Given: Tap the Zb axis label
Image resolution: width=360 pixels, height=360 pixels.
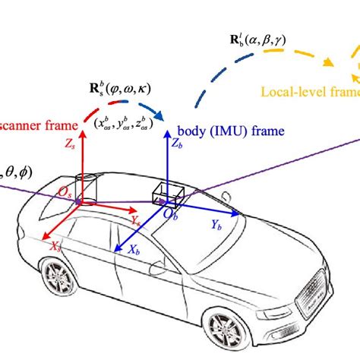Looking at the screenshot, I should click(x=178, y=143).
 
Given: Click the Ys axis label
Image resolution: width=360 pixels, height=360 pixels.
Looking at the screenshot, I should click(x=136, y=221).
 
